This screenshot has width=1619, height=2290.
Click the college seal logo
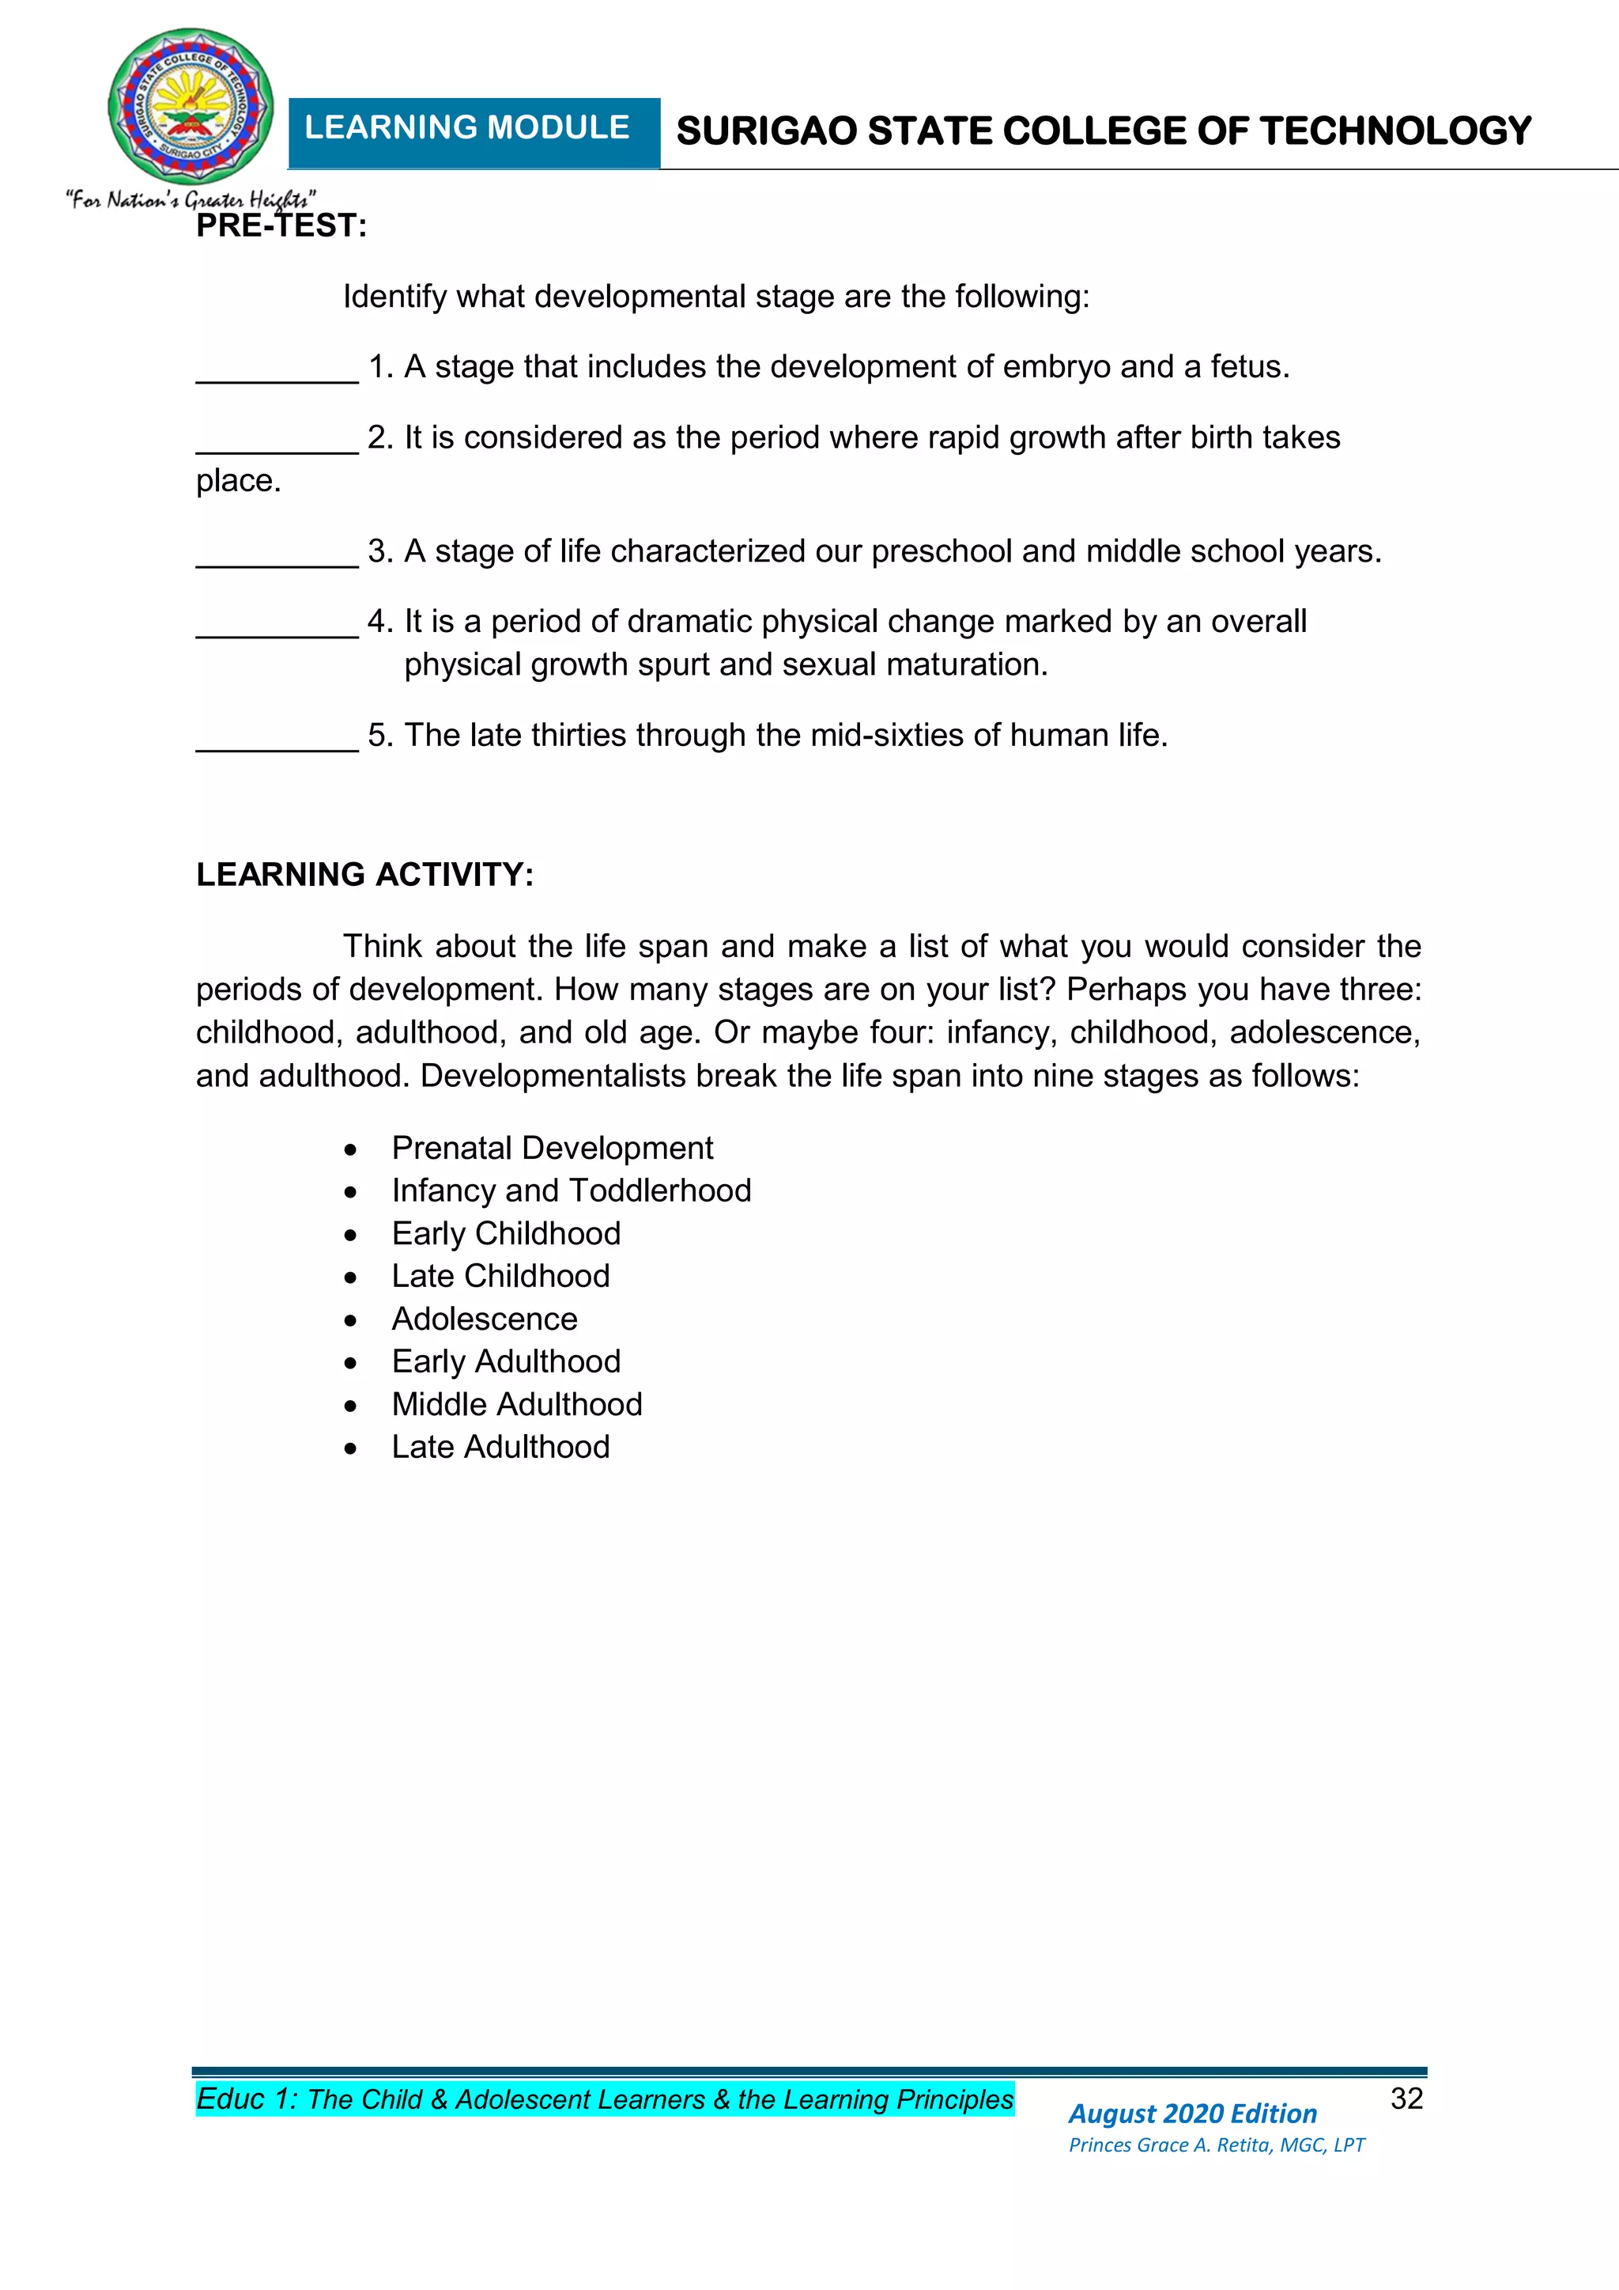tap(191, 108)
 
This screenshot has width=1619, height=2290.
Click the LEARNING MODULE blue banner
tap(473, 131)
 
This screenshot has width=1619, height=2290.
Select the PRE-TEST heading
tap(281, 226)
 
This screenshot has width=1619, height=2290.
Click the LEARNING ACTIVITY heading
tap(365, 875)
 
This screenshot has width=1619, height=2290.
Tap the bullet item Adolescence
tap(485, 1319)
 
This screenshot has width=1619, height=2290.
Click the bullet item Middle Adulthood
tap(516, 1404)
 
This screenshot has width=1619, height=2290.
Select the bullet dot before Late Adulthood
tap(350, 1449)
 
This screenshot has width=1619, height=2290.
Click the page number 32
tap(1406, 2099)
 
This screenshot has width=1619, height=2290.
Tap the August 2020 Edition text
tap(1192, 2114)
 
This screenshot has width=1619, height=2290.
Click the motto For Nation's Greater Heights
tap(191, 199)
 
